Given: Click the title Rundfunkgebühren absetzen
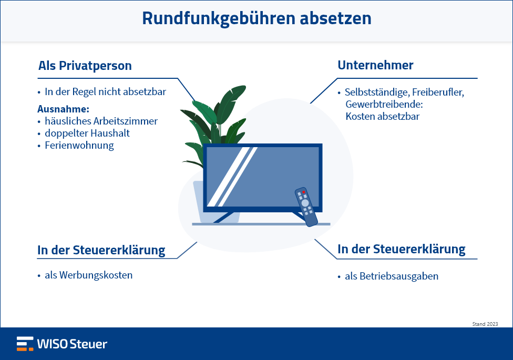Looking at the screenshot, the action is coord(256,18).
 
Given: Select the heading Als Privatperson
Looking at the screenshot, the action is coord(85,66).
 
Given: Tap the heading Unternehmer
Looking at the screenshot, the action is coord(375,65).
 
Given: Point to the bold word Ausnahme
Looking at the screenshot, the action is coord(63,109).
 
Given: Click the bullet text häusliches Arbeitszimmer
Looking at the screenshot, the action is coord(101,121).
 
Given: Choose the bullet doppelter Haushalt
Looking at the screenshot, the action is coord(87,133).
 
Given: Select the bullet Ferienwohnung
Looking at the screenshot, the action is coord(79,145).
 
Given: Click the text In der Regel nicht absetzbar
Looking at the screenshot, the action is coord(105,91).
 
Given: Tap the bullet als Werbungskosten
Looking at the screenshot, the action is coord(89,275).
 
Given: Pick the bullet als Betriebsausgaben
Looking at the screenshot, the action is coord(392,276).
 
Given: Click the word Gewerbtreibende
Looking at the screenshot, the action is coord(384,104).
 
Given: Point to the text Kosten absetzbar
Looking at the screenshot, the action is coord(383,116).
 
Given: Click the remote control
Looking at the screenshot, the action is coord(306,207).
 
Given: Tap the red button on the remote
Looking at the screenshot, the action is coord(303,192).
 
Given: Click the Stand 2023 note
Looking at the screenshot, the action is coord(485,324).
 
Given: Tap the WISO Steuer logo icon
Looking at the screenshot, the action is coord(25,344).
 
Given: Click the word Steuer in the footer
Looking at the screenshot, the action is coord(88,344).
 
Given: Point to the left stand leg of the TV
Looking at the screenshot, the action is coord(224,217).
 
